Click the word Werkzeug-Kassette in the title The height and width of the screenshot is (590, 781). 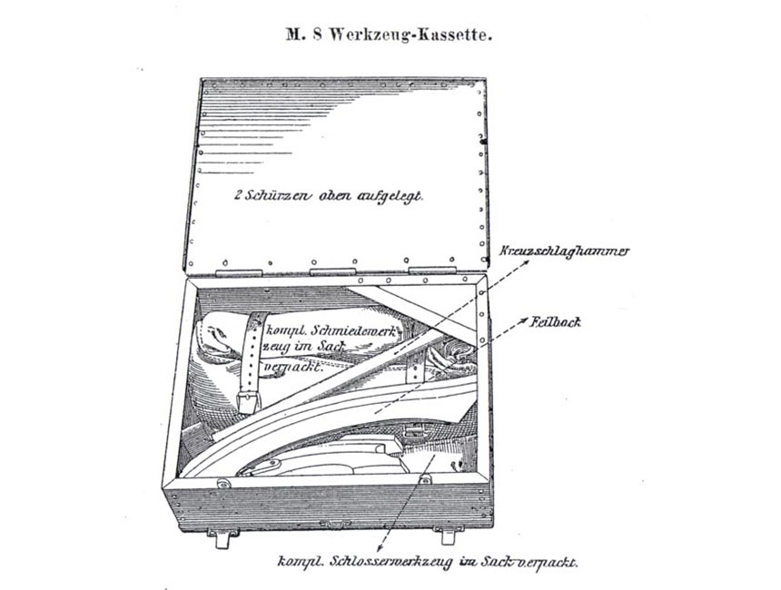[x=428, y=36]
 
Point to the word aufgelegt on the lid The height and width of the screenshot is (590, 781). [x=389, y=196]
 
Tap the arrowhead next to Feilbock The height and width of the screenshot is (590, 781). [x=526, y=320]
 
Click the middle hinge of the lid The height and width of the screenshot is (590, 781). [x=333, y=272]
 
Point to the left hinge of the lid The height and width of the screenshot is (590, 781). [x=239, y=272]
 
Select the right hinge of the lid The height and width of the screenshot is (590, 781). [x=430, y=271]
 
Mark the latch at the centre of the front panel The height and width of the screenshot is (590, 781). [x=334, y=524]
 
